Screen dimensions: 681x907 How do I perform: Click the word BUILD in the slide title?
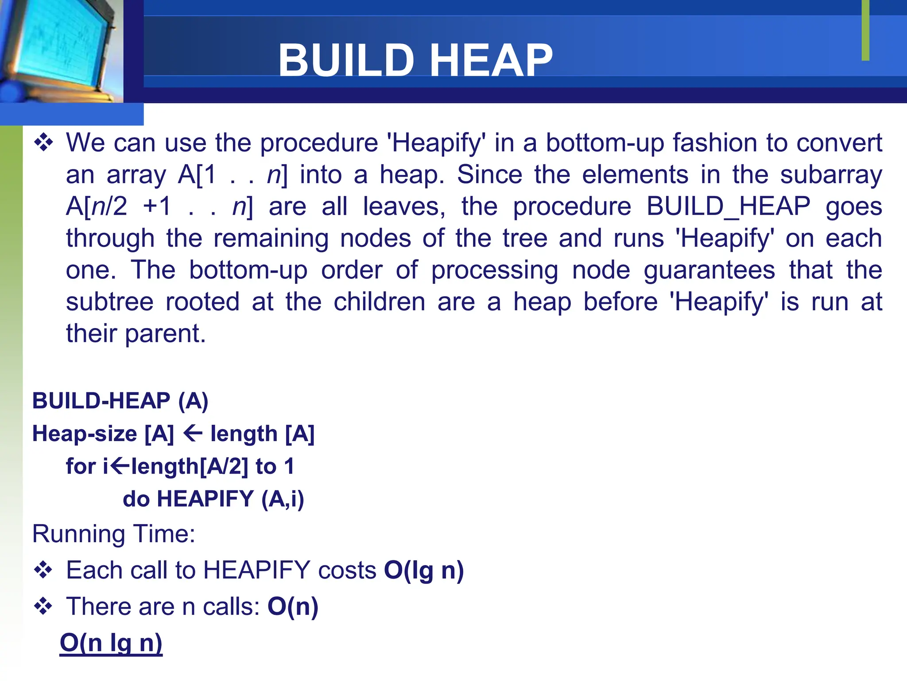tap(346, 61)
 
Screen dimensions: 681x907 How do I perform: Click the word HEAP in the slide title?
tap(491, 61)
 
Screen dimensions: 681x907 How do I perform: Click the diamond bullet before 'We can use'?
tap(43, 143)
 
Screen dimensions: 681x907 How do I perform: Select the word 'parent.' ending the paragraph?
tap(166, 334)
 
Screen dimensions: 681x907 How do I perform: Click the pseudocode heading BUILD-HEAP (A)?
tap(120, 401)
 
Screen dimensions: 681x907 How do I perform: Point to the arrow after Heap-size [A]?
tap(193, 433)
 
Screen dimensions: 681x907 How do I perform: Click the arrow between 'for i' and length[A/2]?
tap(120, 466)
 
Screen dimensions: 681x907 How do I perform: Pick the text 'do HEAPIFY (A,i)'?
tap(213, 499)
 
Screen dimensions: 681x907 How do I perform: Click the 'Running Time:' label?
tap(114, 534)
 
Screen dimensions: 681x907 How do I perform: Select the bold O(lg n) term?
tap(424, 570)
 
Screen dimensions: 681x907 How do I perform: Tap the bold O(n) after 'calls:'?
tap(293, 607)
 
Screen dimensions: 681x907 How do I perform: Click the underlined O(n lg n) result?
tap(111, 643)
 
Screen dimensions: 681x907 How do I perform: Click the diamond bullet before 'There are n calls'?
tap(43, 606)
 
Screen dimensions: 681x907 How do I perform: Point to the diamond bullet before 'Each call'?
tap(43, 570)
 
